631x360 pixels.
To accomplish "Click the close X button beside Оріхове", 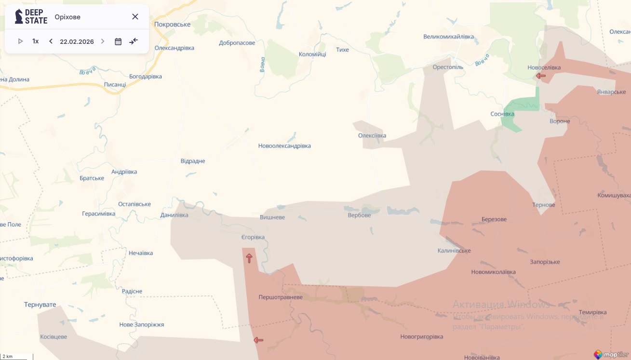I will (x=135, y=17).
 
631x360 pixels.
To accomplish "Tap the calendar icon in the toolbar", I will (x=118, y=41).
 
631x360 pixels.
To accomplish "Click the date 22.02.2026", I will (x=77, y=41).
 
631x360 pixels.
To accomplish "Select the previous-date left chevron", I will (x=51, y=41).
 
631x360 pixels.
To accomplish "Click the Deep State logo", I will (x=31, y=16).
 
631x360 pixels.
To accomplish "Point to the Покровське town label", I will (x=172, y=25).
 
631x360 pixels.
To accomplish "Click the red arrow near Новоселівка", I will (x=541, y=76).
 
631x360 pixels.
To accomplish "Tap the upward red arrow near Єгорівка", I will (x=249, y=258).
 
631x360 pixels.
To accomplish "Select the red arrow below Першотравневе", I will (x=258, y=340).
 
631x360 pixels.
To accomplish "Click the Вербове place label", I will (x=359, y=215).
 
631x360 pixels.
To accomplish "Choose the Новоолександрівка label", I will (x=284, y=146).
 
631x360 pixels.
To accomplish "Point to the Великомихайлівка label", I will (x=448, y=37).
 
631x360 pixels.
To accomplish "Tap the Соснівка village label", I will (x=502, y=114).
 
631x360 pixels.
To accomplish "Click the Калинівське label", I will (x=454, y=251).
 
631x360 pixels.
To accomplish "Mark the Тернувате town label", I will (x=40, y=305).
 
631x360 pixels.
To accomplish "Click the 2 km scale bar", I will (x=17, y=357).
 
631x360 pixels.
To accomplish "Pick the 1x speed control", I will (x=36, y=41).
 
